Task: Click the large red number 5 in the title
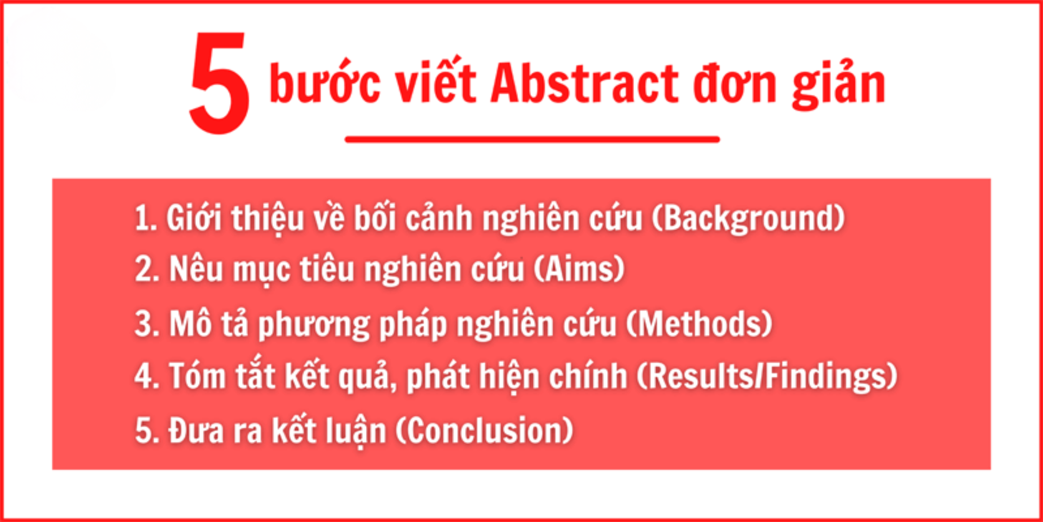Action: (x=219, y=84)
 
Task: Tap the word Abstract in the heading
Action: (x=585, y=84)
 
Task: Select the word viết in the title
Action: (x=436, y=80)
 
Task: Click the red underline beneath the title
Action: (x=532, y=139)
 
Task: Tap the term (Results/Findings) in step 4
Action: (x=767, y=376)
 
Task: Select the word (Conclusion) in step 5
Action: (x=484, y=430)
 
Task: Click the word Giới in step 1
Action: (x=194, y=218)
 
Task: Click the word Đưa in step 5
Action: (x=196, y=430)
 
